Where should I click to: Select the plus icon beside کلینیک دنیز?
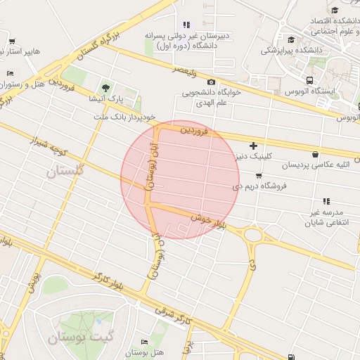click(x=253, y=145)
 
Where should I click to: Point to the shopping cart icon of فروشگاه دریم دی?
click(x=259, y=176)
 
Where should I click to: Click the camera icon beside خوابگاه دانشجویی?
click(x=212, y=82)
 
